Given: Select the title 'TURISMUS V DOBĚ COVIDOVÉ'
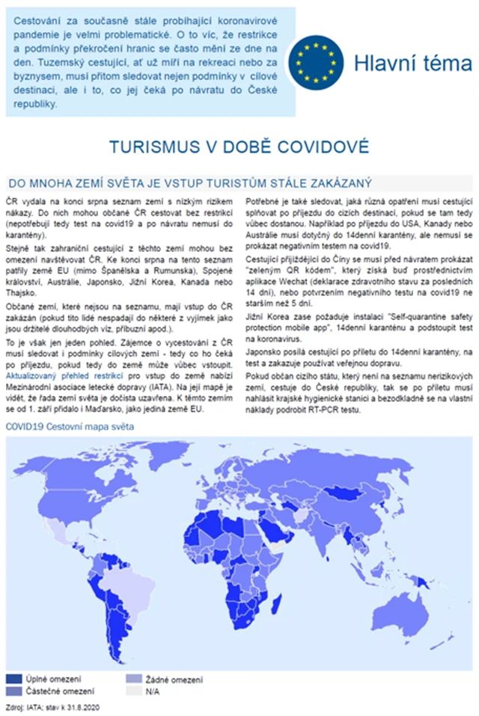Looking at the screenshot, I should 239,146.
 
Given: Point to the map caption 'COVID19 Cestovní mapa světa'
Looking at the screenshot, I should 70,427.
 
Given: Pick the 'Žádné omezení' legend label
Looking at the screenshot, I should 174,679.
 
